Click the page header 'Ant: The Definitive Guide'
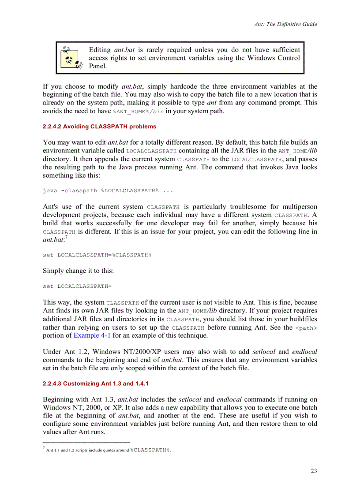click(x=285, y=24)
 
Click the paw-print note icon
click(x=71, y=58)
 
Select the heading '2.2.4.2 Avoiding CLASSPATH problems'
click(x=99, y=127)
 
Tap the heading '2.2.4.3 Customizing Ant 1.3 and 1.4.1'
click(x=98, y=383)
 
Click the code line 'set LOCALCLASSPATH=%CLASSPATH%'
click(x=97, y=255)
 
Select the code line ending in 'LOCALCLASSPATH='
click(x=77, y=287)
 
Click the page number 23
click(x=313, y=471)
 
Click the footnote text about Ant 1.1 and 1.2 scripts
click(x=108, y=450)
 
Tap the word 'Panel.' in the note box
click(x=98, y=66)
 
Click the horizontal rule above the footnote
click(x=86, y=443)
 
